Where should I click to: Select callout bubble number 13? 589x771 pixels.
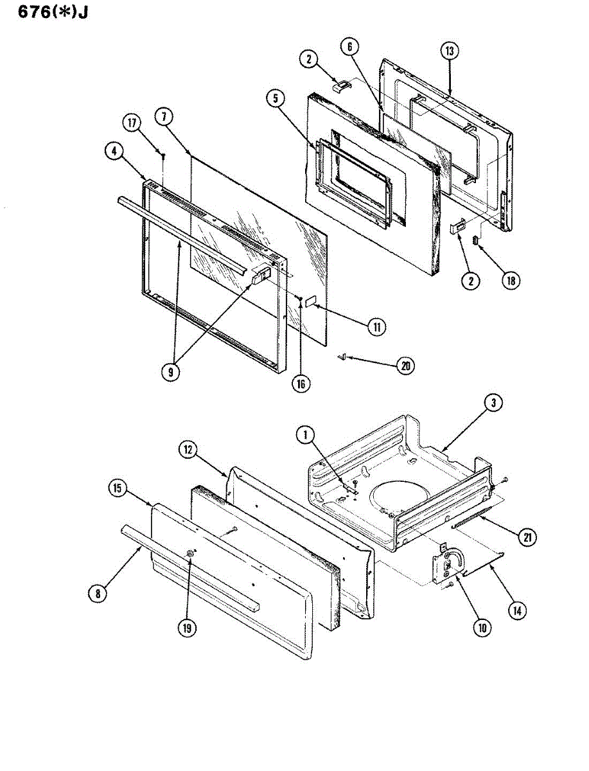coord(450,51)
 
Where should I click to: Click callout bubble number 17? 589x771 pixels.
coord(132,123)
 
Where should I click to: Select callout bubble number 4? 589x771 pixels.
coord(113,152)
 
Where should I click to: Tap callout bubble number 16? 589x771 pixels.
coord(301,384)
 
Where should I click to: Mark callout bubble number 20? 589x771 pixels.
coord(405,366)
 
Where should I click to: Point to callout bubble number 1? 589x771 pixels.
coord(304,435)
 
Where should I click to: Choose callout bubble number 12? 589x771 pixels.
coord(188,450)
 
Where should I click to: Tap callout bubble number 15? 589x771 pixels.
coord(116,490)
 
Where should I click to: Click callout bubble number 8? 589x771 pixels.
coord(97,594)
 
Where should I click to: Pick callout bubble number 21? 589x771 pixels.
coord(528,537)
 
